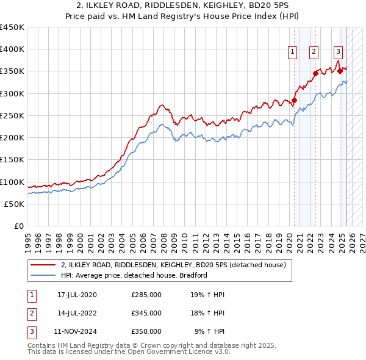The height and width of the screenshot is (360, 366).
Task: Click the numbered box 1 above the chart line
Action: coord(293,52)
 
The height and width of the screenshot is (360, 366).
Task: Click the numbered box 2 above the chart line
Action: coord(314,52)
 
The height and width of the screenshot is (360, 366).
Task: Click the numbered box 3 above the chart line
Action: coord(338,52)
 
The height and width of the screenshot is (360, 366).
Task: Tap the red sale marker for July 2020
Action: coord(294,100)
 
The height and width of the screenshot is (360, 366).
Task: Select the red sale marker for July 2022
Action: coord(315,73)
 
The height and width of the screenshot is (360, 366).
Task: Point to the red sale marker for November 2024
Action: coord(340,71)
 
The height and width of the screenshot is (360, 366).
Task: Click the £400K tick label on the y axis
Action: coord(12,49)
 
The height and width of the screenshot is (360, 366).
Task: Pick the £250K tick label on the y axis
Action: coord(12,115)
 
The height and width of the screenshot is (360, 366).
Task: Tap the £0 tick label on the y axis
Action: coord(19,226)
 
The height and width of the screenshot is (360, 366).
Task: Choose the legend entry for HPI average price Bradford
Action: coord(134,275)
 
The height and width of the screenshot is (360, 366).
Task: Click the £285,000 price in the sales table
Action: coord(146,295)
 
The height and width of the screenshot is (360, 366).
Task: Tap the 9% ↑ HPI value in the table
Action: coord(210,331)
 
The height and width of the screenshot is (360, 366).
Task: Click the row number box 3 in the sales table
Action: coord(30,331)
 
